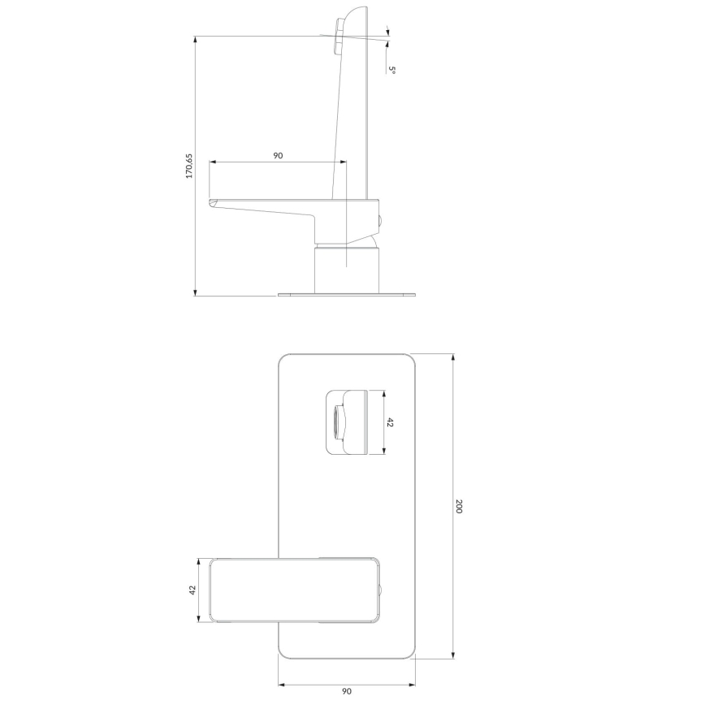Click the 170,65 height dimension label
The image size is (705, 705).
pyautogui.click(x=189, y=166)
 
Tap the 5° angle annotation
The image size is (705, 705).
pyautogui.click(x=391, y=71)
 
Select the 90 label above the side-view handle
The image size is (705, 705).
pyautogui.click(x=278, y=154)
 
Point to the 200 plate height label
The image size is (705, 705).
pyautogui.click(x=459, y=506)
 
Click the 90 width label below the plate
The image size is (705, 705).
pyautogui.click(x=346, y=691)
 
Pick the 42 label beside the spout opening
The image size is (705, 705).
pyautogui.click(x=390, y=422)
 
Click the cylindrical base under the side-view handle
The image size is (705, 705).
pyautogui.click(x=347, y=270)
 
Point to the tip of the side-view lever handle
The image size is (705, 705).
pyautogui.click(x=212, y=202)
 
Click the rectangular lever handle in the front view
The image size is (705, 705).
pyautogui.click(x=292, y=590)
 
